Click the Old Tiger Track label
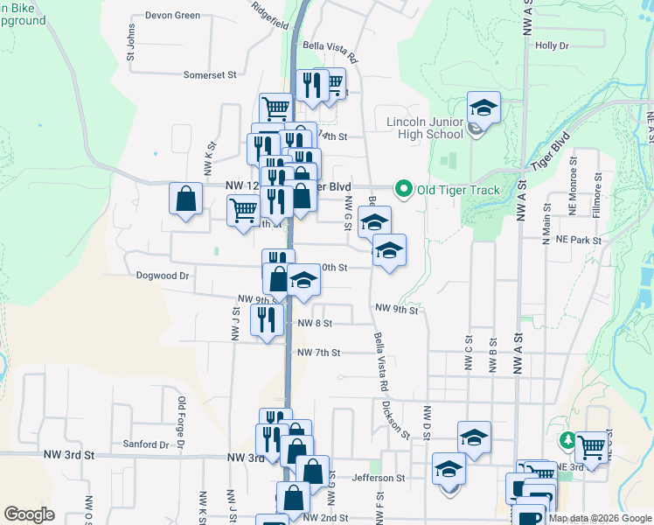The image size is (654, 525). [x=458, y=190]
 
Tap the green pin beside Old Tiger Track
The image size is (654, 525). [x=403, y=188]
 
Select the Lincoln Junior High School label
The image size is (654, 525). [x=425, y=127]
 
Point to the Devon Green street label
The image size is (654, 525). [x=172, y=16]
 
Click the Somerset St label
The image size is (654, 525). [x=210, y=75]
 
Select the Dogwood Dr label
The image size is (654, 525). [x=163, y=276]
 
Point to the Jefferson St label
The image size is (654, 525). [x=379, y=479]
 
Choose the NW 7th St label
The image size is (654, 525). [x=318, y=353]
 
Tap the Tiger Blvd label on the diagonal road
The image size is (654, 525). [x=550, y=151]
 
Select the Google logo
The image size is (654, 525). [x=29, y=514]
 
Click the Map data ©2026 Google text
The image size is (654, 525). [x=600, y=518]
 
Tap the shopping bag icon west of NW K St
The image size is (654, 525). [x=187, y=199]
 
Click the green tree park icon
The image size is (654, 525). [x=567, y=438]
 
